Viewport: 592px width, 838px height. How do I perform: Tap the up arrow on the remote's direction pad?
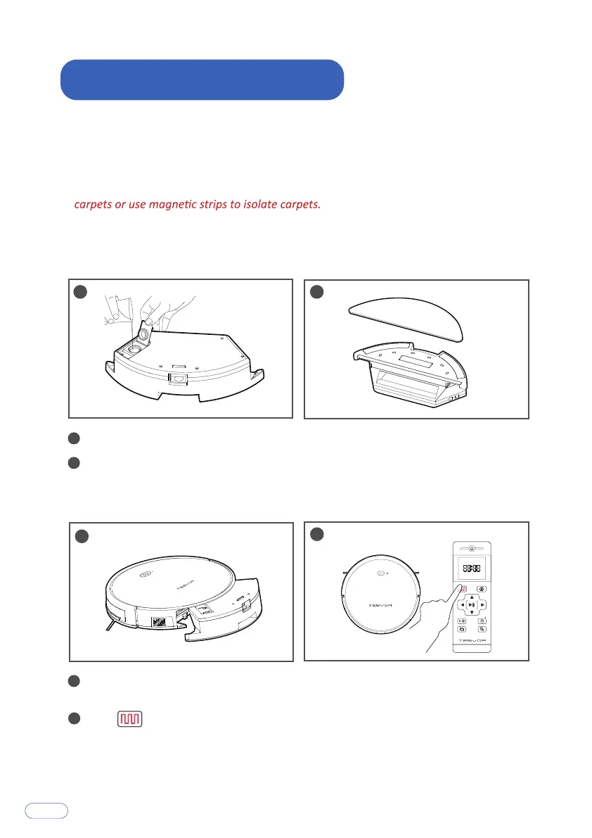click(472, 595)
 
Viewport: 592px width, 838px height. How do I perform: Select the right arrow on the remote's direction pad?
click(484, 604)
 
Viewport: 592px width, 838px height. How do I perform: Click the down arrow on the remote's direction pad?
click(472, 614)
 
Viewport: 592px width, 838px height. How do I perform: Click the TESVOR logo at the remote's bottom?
click(472, 640)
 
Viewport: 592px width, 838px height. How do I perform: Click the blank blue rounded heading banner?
click(202, 80)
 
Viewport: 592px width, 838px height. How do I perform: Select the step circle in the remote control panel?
click(316, 533)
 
